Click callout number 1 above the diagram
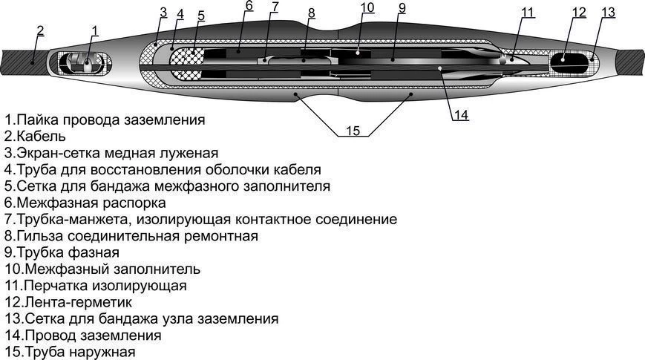click(94, 31)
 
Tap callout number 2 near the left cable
click(40, 31)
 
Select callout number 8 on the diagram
click(312, 13)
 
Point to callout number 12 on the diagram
click(579, 13)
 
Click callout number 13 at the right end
click(608, 13)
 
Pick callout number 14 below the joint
click(461, 115)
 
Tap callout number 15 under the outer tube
click(353, 131)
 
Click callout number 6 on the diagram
click(249, 6)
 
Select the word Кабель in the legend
click(41, 136)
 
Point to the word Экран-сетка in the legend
click(59, 153)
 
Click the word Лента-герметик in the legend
click(79, 302)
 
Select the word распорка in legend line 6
click(134, 203)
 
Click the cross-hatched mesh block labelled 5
click(188, 62)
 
